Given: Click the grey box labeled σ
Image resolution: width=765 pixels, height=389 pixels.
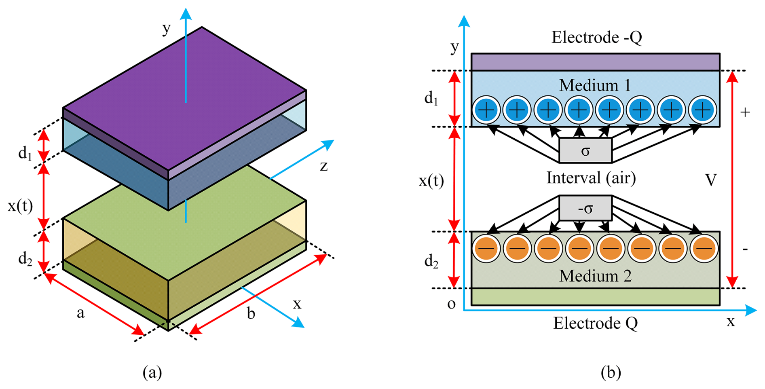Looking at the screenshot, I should tap(585, 151).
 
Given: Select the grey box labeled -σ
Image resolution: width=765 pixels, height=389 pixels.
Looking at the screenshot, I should tap(585, 209).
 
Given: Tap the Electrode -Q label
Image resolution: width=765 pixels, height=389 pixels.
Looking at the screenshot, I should tap(596, 37).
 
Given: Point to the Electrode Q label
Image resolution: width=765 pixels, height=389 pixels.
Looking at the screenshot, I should tap(595, 323).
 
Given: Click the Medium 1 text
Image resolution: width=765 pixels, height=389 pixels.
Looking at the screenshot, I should tap(595, 85).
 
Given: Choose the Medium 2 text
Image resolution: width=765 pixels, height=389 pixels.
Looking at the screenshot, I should tap(595, 276).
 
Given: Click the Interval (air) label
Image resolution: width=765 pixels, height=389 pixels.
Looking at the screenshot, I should tap(591, 178).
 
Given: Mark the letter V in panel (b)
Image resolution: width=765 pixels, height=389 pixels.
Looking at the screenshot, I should tap(710, 180).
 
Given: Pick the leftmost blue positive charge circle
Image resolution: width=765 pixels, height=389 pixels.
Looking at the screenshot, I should tap(486, 110).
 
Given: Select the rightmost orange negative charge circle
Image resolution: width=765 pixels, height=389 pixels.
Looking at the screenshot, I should tap(704, 248).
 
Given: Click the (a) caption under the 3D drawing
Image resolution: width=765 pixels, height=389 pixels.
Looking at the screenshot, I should tap(152, 372).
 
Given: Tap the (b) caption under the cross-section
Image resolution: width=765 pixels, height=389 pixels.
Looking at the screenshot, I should tap(611, 372).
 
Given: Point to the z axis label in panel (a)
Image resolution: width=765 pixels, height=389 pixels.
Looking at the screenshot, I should tap(323, 166).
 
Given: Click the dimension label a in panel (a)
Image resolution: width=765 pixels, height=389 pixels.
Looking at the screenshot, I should tap(80, 313).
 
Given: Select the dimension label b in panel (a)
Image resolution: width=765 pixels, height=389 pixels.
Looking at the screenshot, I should tap(251, 313).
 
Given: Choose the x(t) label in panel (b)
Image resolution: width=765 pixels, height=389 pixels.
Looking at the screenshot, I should tap(431, 181).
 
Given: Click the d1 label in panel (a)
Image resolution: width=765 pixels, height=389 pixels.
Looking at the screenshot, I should tap(25, 153).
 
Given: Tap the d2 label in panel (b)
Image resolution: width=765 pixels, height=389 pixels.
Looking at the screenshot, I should tap(431, 262).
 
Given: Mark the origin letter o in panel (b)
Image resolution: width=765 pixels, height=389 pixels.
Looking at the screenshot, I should tap(451, 304).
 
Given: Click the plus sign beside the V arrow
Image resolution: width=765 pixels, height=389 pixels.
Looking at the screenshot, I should tap(745, 112).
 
